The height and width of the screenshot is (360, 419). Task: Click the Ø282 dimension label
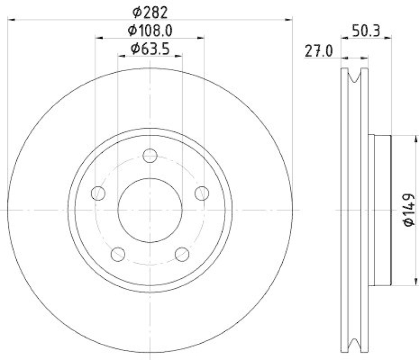coord(150,9)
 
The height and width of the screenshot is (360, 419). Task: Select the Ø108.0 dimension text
coord(150,31)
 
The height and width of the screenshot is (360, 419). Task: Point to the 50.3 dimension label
coord(367,31)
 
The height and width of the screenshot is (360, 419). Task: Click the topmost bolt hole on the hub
coord(150,155)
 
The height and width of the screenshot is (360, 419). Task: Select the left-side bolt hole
coord(98,194)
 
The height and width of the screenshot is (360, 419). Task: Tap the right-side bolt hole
coord(202,194)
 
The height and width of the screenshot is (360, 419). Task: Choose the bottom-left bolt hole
coord(118,254)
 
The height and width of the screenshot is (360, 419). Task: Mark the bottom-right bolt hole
coord(182,254)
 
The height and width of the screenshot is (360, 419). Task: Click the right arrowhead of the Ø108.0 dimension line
coord(201,38)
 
